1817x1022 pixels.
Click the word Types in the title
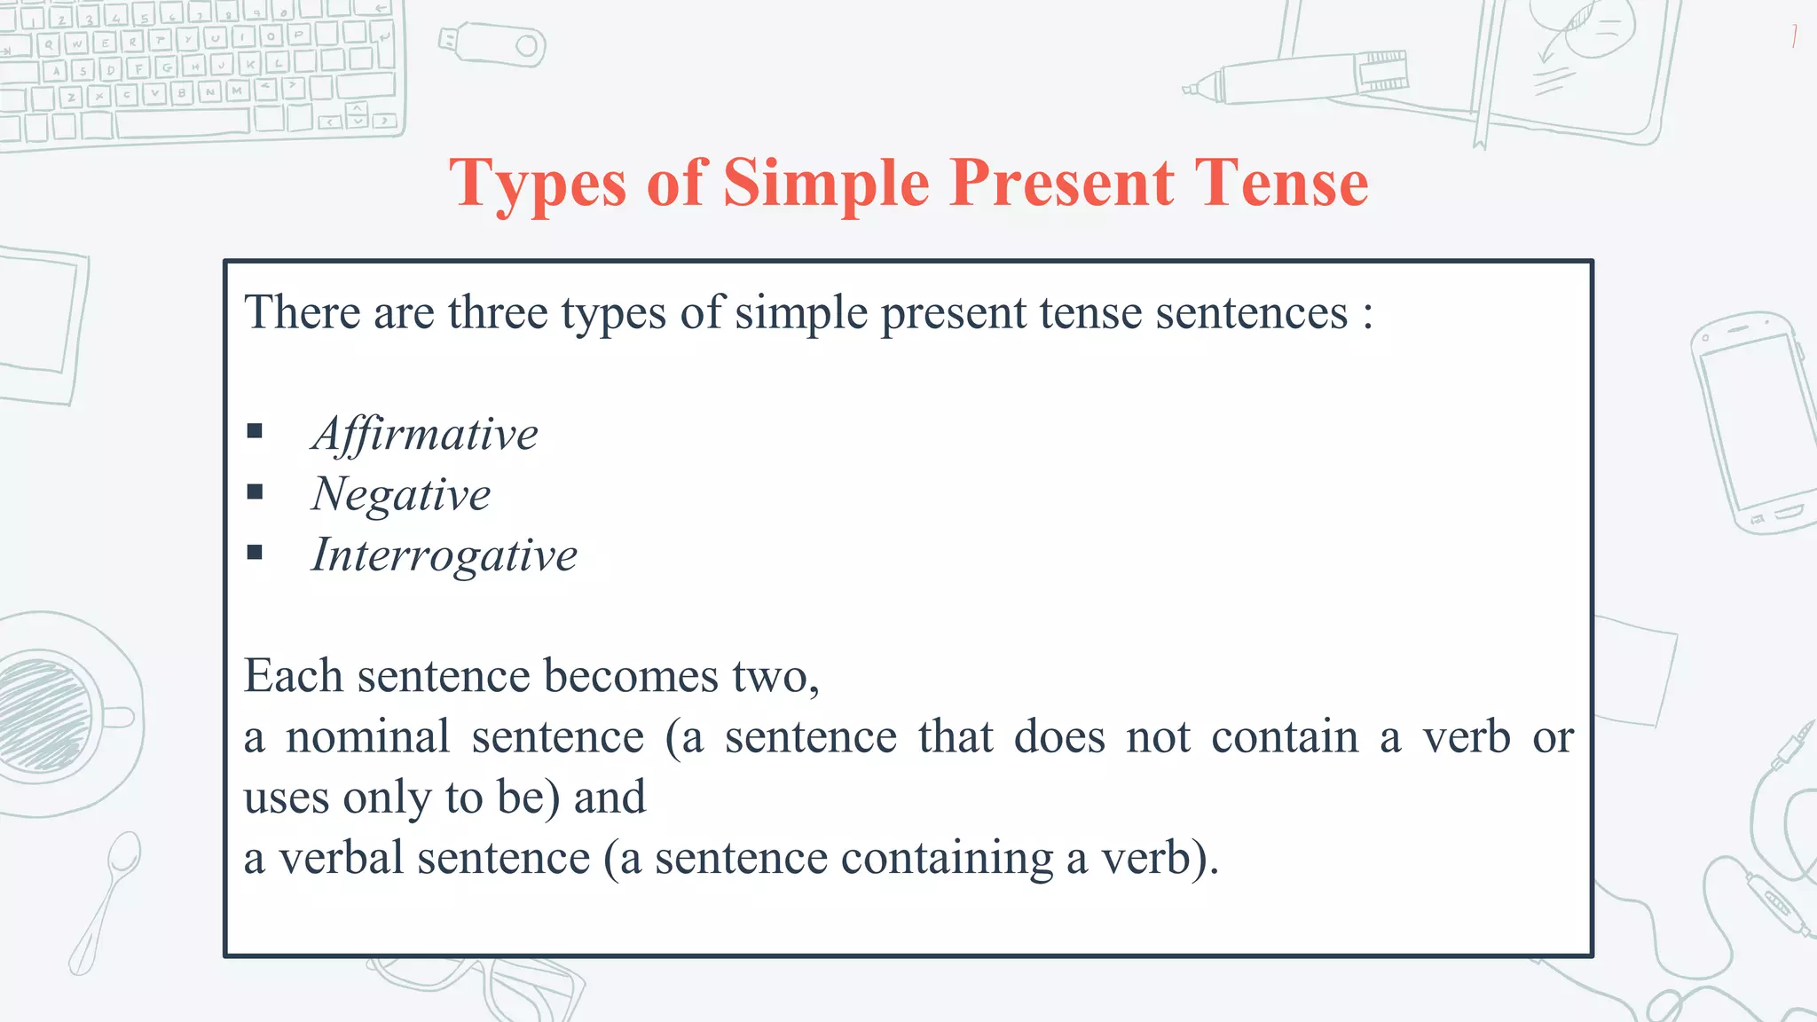coord(538,184)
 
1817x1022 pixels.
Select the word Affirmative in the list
coord(424,435)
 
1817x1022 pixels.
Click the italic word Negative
coord(400,495)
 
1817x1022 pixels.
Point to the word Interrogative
coord(444,555)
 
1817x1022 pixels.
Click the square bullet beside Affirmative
coord(256,432)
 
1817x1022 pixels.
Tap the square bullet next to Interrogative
coord(256,553)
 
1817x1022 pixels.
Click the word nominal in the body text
coord(367,737)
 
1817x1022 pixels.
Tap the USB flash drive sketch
coord(492,44)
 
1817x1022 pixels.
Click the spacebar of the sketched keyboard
coord(182,122)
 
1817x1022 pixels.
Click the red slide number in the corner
coord(1794,36)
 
